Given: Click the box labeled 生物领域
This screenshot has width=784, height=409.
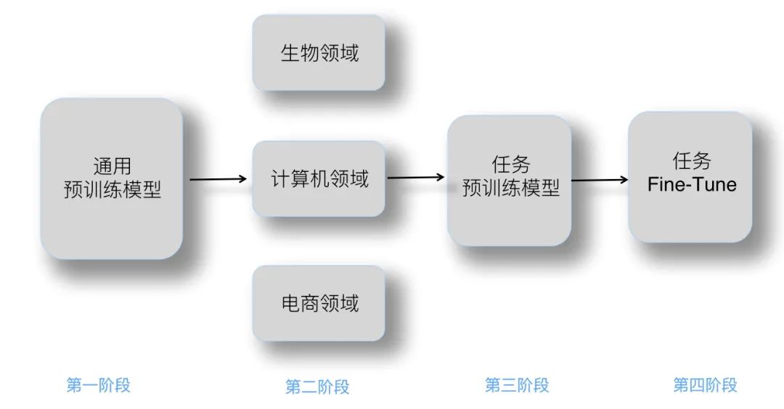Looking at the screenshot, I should [x=318, y=53].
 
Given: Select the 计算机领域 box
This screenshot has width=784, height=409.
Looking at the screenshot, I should [x=318, y=178].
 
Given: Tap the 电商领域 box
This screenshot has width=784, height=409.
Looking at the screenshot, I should [x=318, y=302].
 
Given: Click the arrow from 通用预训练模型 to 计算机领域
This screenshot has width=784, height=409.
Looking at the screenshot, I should [x=218, y=178].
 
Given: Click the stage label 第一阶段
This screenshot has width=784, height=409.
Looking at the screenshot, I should [x=98, y=385].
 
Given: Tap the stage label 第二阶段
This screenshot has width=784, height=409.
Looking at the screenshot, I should [x=317, y=387].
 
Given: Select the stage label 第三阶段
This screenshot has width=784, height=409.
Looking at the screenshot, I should [x=517, y=385].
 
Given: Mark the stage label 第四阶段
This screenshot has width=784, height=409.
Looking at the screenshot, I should [x=704, y=385].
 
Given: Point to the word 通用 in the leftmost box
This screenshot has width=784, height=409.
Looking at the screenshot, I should [x=112, y=166].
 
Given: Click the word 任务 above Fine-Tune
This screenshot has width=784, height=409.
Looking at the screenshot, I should [x=692, y=160].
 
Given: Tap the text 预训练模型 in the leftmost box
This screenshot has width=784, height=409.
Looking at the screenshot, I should [x=112, y=190].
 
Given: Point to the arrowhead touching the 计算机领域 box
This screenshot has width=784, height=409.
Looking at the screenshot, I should [x=244, y=178].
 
